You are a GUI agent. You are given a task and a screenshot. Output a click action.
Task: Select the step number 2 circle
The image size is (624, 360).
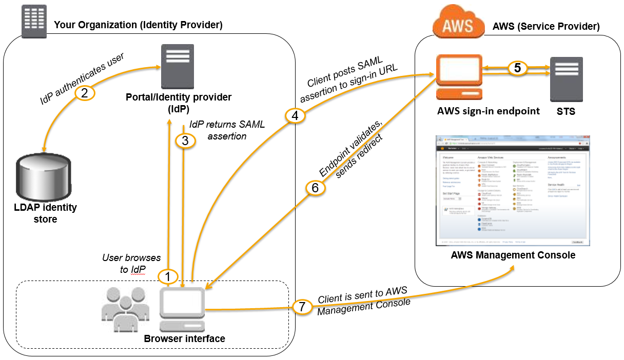pyautogui.click(x=85, y=93)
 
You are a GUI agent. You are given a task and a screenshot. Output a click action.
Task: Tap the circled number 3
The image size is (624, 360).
pyautogui.click(x=185, y=140)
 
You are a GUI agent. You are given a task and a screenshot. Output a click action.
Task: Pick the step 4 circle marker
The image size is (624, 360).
pyautogui.click(x=295, y=116)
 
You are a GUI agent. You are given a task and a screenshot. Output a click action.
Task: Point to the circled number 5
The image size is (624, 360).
pyautogui.click(x=518, y=68)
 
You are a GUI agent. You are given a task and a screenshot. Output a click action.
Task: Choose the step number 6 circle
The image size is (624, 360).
pyautogui.click(x=315, y=188)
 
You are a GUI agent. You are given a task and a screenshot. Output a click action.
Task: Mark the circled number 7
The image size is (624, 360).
pyautogui.click(x=302, y=307)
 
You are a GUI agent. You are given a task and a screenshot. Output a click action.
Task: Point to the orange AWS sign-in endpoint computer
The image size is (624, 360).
pyautogui.click(x=458, y=77)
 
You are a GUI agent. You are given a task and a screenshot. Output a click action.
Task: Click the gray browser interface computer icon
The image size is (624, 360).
pyautogui.click(x=182, y=309)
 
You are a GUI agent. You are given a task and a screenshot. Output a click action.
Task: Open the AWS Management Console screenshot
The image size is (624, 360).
pyautogui.click(x=513, y=190)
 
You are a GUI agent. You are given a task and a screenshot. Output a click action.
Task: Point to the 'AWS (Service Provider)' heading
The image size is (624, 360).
pyautogui.click(x=545, y=26)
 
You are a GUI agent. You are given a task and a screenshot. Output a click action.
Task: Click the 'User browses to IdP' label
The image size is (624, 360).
pyautogui.click(x=131, y=263)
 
